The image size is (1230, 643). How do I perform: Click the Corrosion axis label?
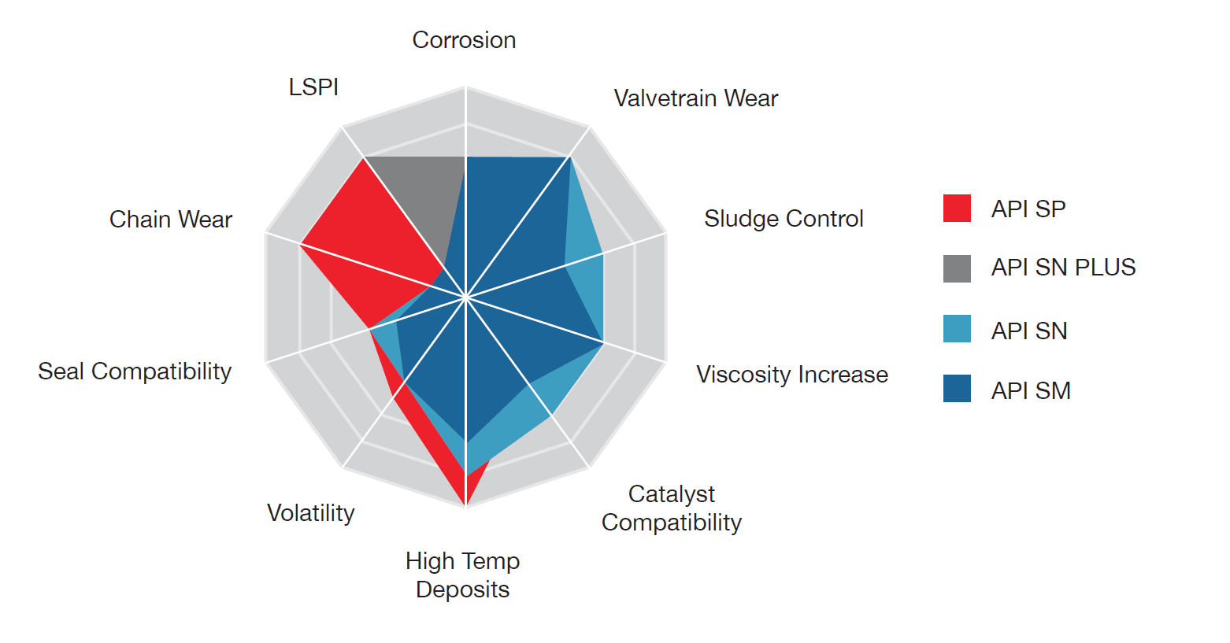[x=464, y=40]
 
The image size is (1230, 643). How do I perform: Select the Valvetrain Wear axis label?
[x=695, y=98]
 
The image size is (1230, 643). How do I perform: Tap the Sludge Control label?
[x=784, y=219]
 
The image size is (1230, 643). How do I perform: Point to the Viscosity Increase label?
[x=791, y=375]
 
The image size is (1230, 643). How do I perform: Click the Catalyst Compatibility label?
[x=672, y=508]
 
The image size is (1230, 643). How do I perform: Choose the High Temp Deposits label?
[x=463, y=575]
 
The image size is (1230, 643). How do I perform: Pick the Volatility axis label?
[x=310, y=513]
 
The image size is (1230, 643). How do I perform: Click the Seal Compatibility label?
[x=135, y=371]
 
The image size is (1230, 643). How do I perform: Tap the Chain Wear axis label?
[x=171, y=220]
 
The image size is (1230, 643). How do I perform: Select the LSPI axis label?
[x=313, y=87]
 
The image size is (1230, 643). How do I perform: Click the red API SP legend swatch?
[x=957, y=209]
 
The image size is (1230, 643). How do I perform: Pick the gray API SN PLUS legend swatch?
[x=957, y=268]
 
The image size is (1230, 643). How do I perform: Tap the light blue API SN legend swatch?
[x=957, y=329]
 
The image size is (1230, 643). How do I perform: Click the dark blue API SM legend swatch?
[x=957, y=389]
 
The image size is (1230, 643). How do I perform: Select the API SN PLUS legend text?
[x=1063, y=268]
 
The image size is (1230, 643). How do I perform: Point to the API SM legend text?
[x=1031, y=391]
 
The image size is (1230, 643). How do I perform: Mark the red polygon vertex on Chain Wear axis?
[x=300, y=245]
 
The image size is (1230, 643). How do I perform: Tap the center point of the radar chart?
[x=466, y=298]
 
